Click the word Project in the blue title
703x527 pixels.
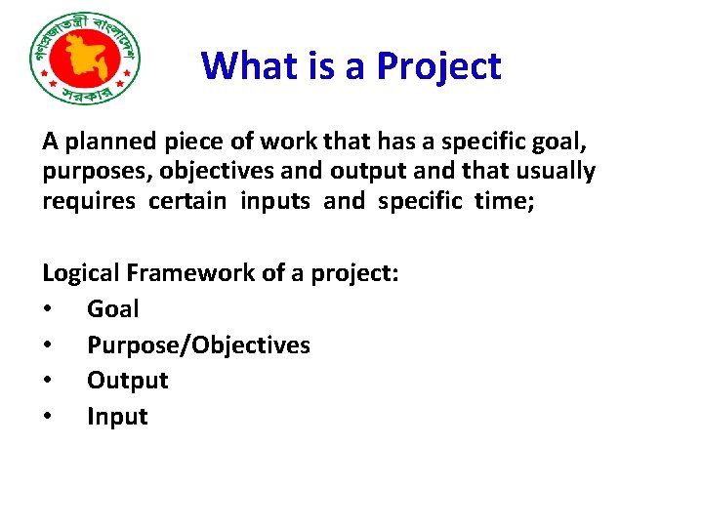click(438, 66)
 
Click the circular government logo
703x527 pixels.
click(86, 60)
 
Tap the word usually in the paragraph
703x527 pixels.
click(552, 172)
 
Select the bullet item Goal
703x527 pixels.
click(113, 309)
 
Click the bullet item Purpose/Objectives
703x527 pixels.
click(198, 345)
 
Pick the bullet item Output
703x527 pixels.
click(128, 381)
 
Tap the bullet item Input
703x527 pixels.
click(117, 417)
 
